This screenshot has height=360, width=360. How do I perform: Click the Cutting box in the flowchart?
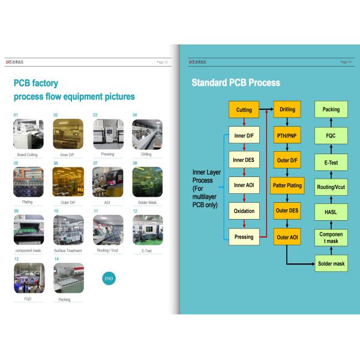point(244,110)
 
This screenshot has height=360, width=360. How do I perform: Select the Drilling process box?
point(287,110)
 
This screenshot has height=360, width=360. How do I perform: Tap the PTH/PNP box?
point(287,136)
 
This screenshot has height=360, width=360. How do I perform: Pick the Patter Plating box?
point(287,185)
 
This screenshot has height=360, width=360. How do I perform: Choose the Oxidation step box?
point(244,211)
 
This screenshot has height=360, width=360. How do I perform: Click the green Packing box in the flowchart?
point(331,110)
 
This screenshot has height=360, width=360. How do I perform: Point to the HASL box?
point(331,212)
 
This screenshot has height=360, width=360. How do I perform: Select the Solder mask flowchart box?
point(331,263)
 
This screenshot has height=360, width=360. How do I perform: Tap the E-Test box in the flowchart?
point(331,162)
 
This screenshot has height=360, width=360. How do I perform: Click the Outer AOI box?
point(287,237)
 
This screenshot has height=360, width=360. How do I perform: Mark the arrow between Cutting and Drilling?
point(266,110)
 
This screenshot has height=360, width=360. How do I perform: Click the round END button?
point(109,278)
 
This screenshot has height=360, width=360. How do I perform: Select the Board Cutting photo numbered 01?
point(28,134)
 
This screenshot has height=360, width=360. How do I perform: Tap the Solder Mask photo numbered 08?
point(147,182)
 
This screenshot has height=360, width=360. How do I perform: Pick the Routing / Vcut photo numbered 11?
point(108,230)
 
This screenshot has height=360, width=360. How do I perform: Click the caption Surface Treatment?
point(68,251)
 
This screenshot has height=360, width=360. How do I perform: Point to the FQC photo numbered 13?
point(28,278)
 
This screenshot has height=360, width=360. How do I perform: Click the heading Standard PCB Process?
point(236,83)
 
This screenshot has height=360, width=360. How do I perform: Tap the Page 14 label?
point(346,62)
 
